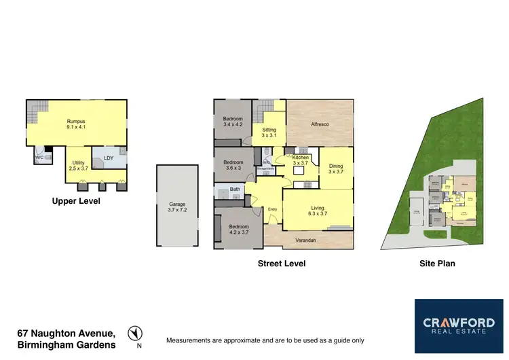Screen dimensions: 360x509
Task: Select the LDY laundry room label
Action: (x=108, y=158)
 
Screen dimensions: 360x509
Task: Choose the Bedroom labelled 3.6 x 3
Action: (x=233, y=164)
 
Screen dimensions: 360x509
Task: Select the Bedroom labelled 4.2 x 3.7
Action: (x=238, y=230)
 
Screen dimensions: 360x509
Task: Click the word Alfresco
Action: (x=320, y=124)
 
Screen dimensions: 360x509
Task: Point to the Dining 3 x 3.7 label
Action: (x=336, y=168)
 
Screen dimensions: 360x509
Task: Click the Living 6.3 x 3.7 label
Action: (x=318, y=211)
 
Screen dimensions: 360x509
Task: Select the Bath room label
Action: (x=235, y=190)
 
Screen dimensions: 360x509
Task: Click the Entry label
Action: (x=273, y=209)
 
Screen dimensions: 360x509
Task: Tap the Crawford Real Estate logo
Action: (x=459, y=325)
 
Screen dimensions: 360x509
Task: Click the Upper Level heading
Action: (x=75, y=201)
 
